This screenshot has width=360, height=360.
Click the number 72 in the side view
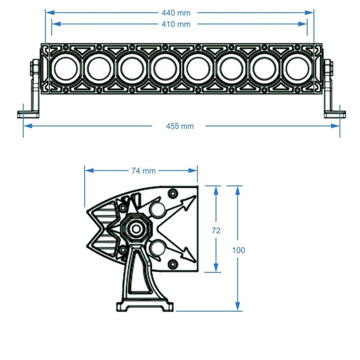tap(216, 230)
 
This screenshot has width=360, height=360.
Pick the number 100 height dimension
tap(238, 250)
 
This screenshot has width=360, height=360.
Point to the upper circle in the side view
tap(158, 209)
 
